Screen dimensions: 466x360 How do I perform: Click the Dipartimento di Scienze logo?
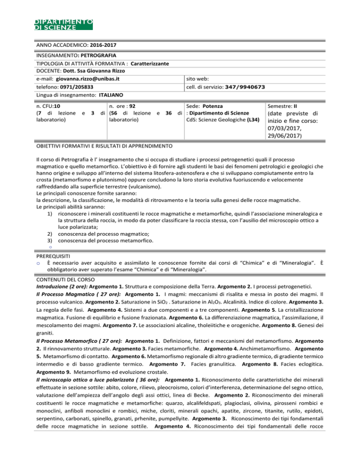coord(64,24)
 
